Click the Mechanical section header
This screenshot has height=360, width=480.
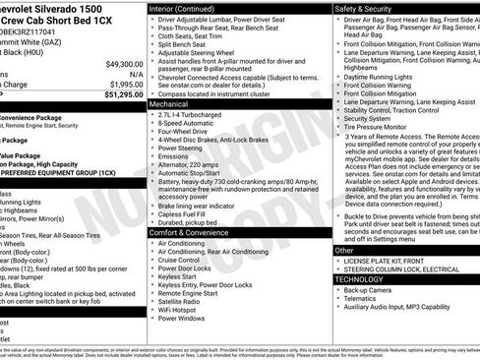(x=170, y=102)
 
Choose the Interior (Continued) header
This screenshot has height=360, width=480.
(x=189, y=8)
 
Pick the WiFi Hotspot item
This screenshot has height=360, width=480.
(x=183, y=310)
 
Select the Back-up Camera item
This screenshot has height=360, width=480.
(x=371, y=291)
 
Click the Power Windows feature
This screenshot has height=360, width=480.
(x=186, y=319)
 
